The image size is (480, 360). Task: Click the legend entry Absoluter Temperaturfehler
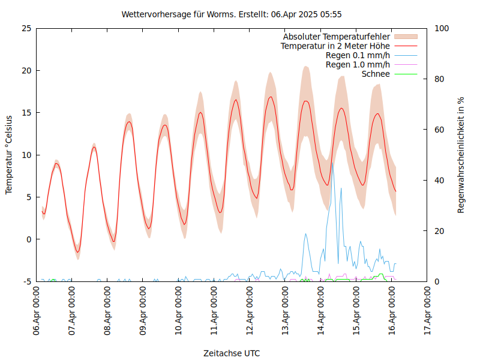point(336,36)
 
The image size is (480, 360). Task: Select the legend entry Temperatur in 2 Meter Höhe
point(335,46)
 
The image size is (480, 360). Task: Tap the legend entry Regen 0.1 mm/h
point(358,55)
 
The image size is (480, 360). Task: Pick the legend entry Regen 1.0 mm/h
point(358,65)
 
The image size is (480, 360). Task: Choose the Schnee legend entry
point(376,74)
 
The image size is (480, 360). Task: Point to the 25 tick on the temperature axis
point(26,28)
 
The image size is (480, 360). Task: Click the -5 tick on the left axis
point(27,281)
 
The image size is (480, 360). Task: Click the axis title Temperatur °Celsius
point(9,154)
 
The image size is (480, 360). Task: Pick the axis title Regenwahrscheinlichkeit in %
point(461,154)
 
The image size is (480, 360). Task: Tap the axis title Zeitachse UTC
point(232,353)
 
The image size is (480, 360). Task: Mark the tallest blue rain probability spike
point(332,163)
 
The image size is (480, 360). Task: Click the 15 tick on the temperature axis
point(26,113)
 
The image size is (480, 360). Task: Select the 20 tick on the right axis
point(440,231)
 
